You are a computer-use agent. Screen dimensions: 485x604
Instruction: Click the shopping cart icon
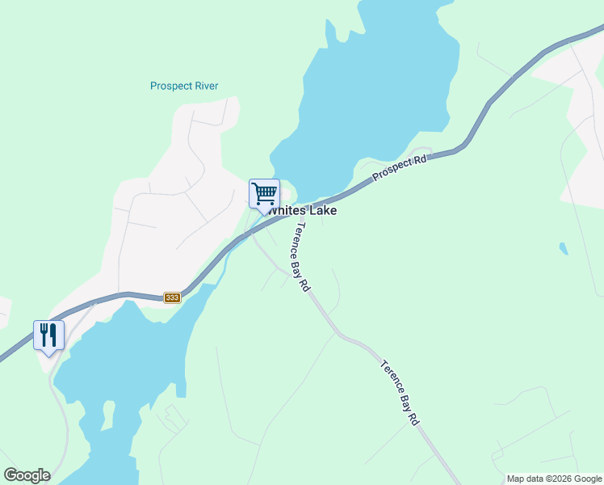[264, 194]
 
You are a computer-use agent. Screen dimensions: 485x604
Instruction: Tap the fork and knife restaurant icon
[48, 335]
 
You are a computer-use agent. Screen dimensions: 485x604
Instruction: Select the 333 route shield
[172, 297]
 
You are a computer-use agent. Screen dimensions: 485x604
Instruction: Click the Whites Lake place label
[302, 210]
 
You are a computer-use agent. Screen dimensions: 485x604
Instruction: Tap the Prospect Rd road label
[399, 168]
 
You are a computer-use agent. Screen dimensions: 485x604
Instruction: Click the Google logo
[27, 475]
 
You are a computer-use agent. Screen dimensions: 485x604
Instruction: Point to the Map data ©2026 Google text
[554, 479]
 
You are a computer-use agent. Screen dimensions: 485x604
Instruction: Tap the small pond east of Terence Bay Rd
[562, 248]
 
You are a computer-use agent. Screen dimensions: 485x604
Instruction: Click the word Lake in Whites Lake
[321, 210]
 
